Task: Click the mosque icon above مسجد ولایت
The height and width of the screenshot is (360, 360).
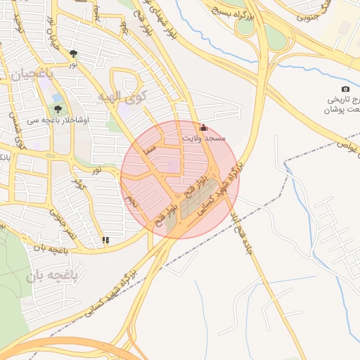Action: (x=204, y=127)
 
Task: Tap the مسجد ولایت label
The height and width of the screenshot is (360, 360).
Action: (x=204, y=139)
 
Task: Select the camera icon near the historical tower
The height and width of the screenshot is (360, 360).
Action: (x=345, y=89)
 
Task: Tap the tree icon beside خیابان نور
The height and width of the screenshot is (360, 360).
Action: (x=74, y=53)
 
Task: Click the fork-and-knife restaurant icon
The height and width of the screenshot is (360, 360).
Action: (x=105, y=240)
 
